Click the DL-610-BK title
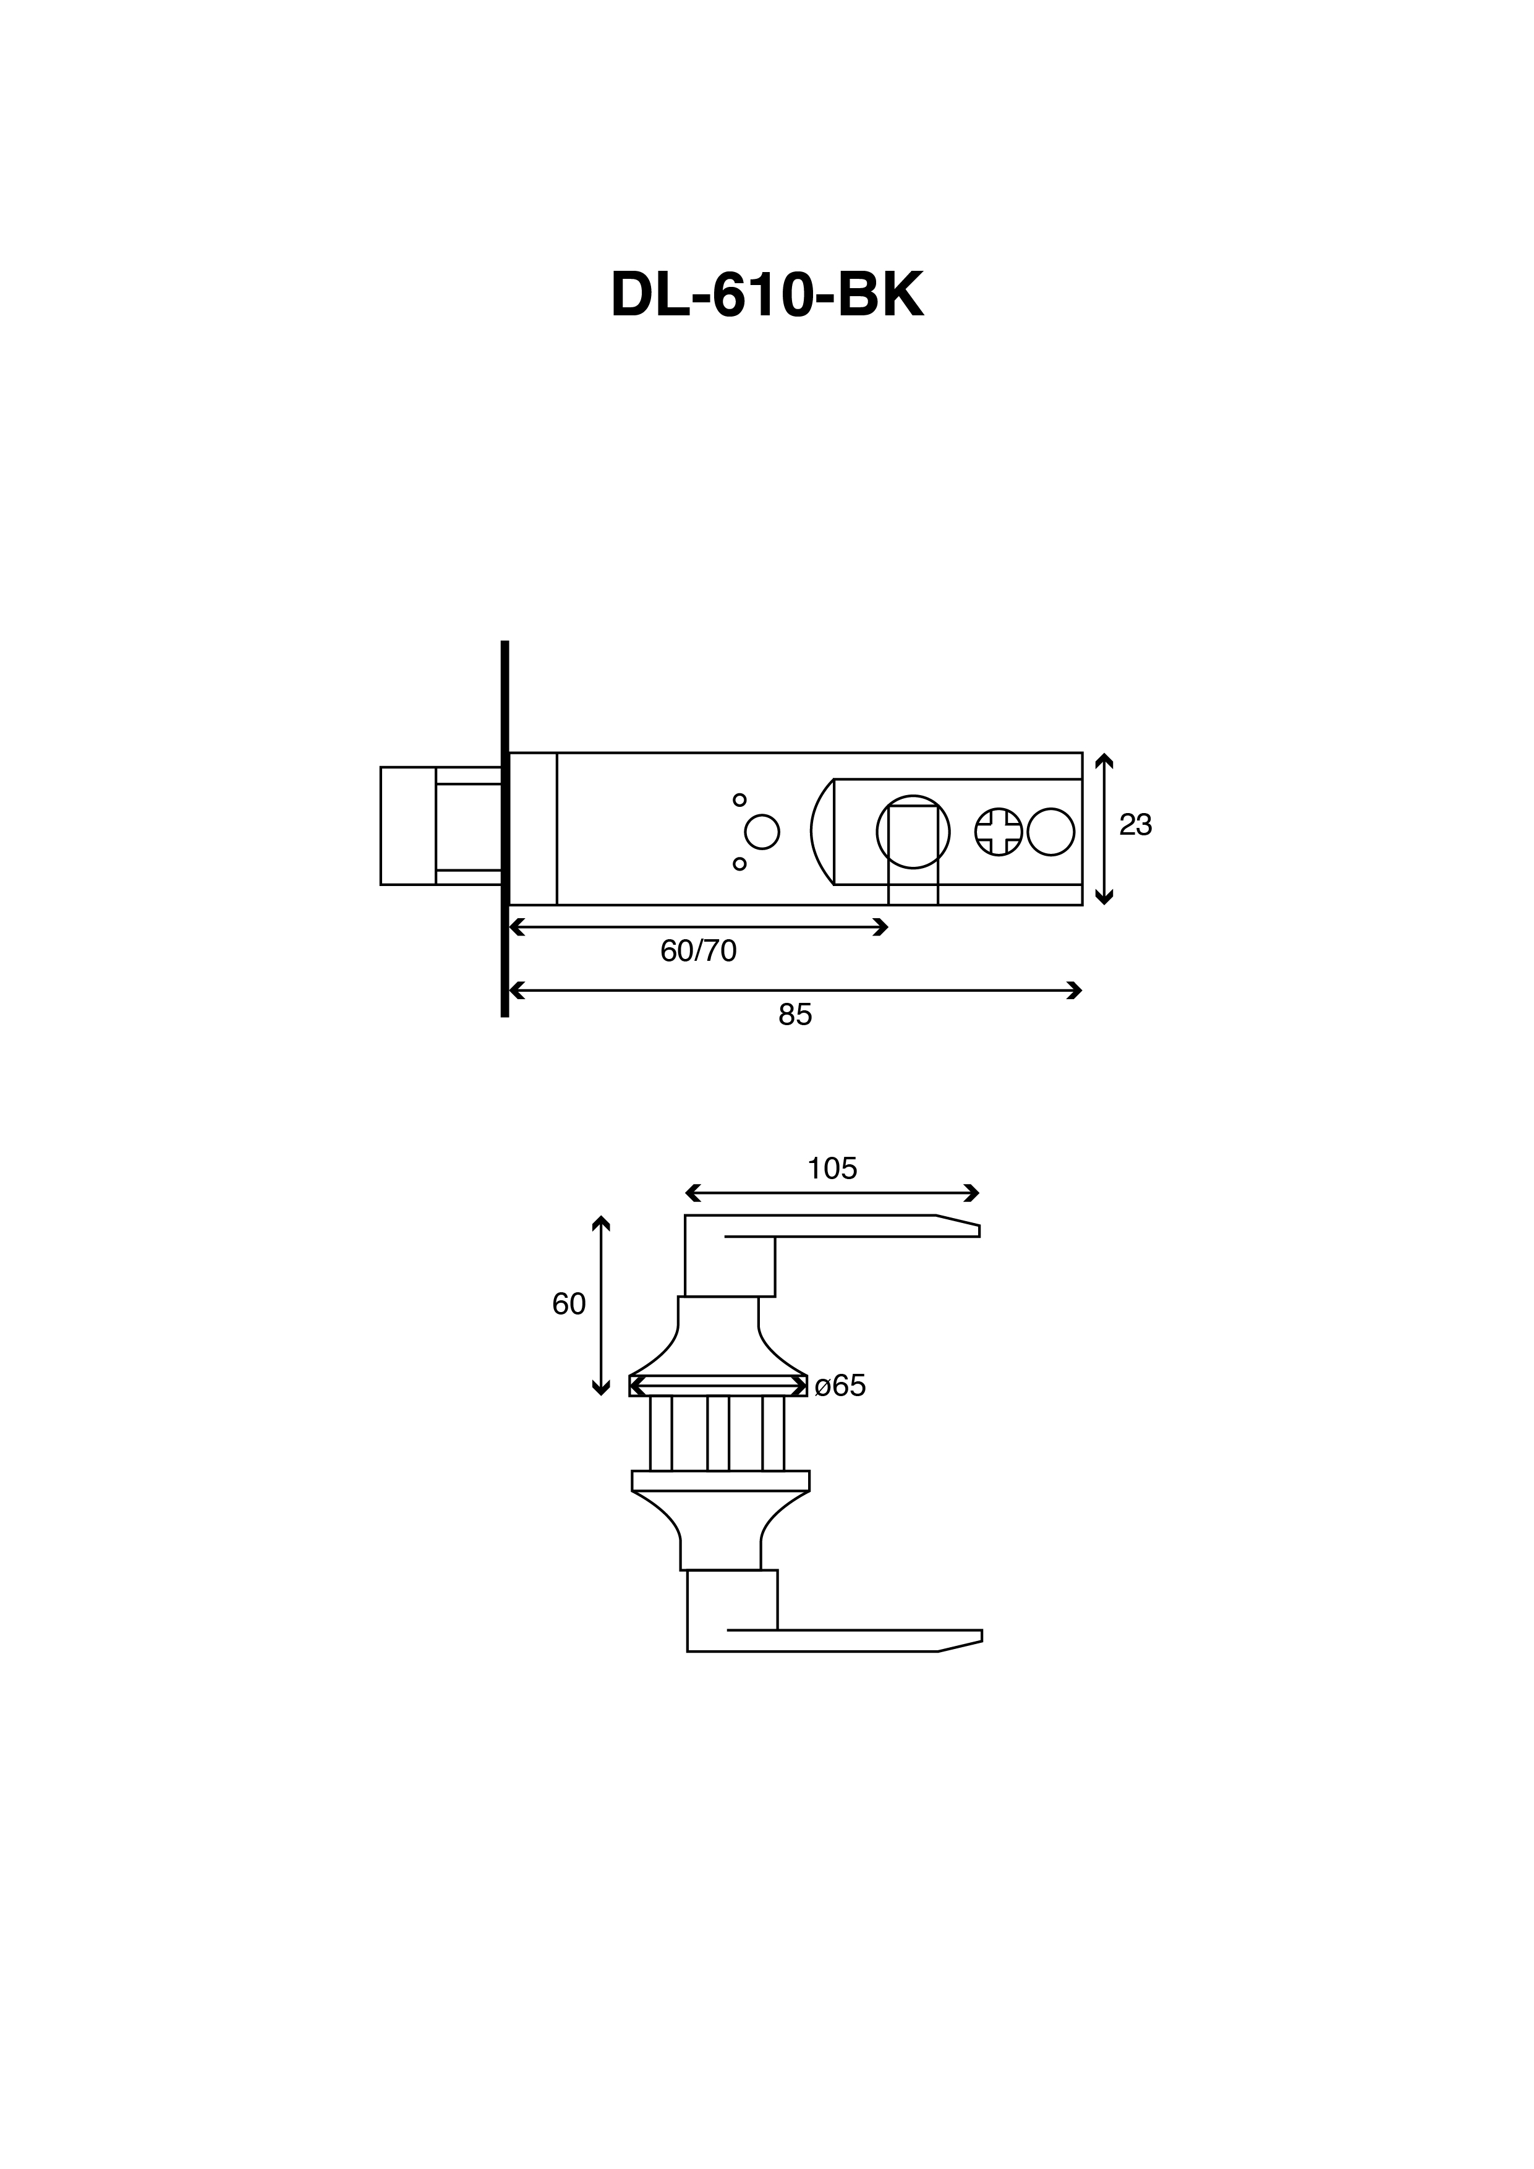pos(767,295)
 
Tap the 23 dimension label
pos(1135,825)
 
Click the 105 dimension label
pos(832,1169)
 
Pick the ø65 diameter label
pos(840,1386)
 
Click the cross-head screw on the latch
pos(999,832)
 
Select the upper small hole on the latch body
pos(739,800)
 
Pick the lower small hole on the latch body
pos(739,863)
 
